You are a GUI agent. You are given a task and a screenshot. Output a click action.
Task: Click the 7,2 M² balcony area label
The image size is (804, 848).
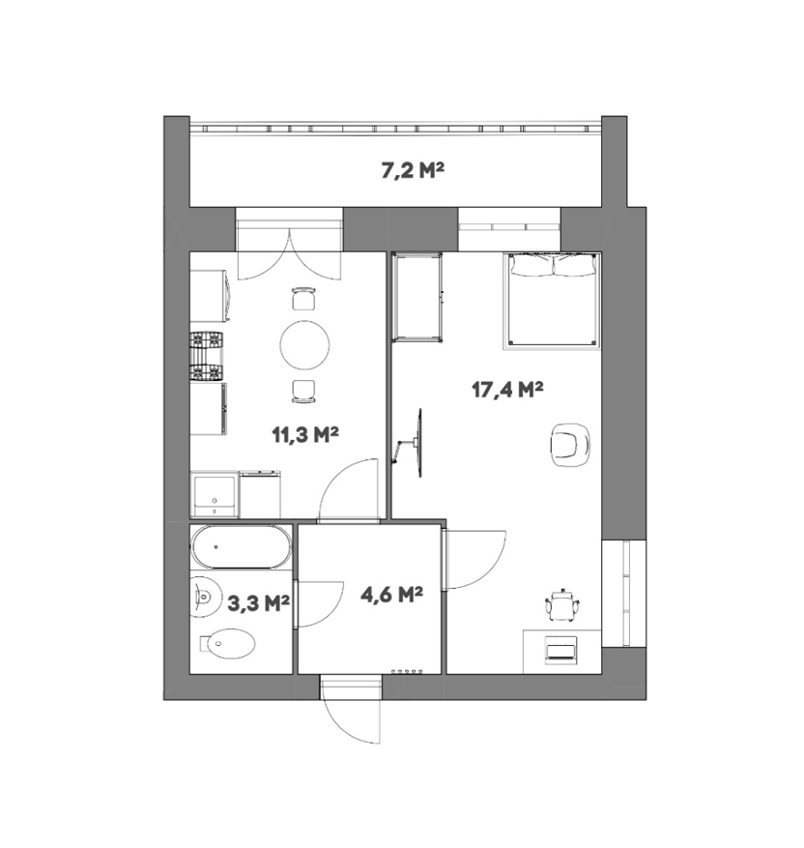pyautogui.click(x=413, y=171)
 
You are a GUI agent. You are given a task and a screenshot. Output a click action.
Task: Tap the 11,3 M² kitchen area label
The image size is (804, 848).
pyautogui.click(x=304, y=434)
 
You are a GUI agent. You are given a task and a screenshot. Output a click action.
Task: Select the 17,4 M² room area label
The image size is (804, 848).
pyautogui.click(x=507, y=389)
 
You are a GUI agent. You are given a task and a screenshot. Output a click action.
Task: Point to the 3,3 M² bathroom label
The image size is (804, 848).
pyautogui.click(x=258, y=603)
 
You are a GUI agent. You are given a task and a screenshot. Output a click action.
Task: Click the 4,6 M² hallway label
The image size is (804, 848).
pyautogui.click(x=391, y=595)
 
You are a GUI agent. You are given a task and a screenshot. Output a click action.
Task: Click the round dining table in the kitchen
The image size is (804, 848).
pyautogui.click(x=304, y=345)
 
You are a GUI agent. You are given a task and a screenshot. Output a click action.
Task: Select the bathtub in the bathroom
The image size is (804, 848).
pyautogui.click(x=241, y=546)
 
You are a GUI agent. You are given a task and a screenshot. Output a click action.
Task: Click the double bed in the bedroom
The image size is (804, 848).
pyautogui.click(x=552, y=300)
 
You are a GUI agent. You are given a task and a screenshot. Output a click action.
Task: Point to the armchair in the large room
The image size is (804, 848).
pyautogui.click(x=570, y=445)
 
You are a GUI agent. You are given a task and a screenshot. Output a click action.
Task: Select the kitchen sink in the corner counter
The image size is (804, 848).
pyautogui.click(x=215, y=494)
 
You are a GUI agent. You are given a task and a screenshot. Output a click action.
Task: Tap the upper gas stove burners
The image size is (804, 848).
pyautogui.click(x=207, y=339)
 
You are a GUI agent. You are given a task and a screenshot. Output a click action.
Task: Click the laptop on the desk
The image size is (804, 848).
pyautogui.click(x=560, y=648)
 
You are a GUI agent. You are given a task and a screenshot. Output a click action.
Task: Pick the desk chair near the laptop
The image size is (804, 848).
pyautogui.click(x=563, y=604)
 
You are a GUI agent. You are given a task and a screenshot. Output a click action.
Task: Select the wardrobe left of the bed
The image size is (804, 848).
pyautogui.click(x=418, y=298)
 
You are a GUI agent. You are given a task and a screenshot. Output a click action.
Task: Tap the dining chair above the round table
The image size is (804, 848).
pyautogui.click(x=303, y=299)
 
